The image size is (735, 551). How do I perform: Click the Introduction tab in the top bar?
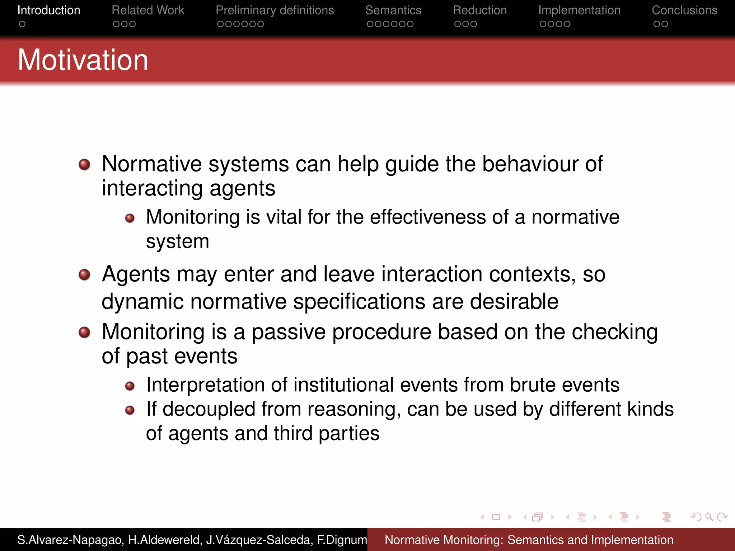pos(49,10)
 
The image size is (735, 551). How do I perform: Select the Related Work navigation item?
pos(148,10)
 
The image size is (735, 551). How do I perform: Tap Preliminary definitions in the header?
pos(275,10)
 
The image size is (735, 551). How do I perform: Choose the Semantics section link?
pos(393,10)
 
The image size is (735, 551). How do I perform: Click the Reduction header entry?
pos(479,10)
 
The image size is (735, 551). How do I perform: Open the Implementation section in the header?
pos(579,10)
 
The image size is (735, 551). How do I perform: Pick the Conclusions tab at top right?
pos(684,10)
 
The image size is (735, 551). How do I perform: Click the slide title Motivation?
pos(83,60)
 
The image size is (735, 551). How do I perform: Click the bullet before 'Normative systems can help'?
pos(84,165)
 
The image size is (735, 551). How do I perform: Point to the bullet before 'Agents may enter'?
pos(84,275)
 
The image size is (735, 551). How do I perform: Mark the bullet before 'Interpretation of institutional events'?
pos(130,386)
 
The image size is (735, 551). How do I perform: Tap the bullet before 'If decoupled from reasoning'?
pos(130,410)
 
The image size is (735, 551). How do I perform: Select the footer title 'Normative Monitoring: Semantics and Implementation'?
pos(529,540)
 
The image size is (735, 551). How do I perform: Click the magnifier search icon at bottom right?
pos(709,517)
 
